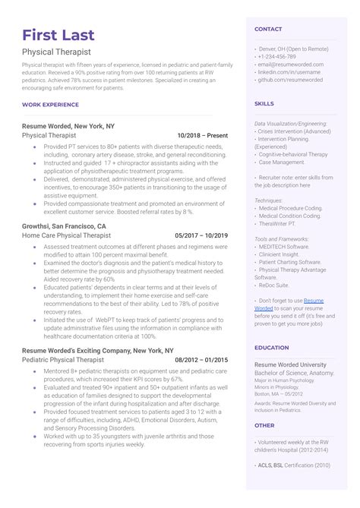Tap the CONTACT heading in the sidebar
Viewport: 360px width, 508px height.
(x=268, y=29)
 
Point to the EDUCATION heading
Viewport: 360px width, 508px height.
(x=272, y=347)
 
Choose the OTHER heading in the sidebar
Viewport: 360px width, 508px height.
(x=264, y=425)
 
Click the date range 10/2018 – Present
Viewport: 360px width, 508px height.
(x=201, y=134)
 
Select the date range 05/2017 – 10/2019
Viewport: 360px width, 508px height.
(x=201, y=236)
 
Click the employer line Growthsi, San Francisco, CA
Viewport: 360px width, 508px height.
(x=65, y=226)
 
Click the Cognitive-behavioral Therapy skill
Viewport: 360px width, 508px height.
(x=293, y=153)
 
